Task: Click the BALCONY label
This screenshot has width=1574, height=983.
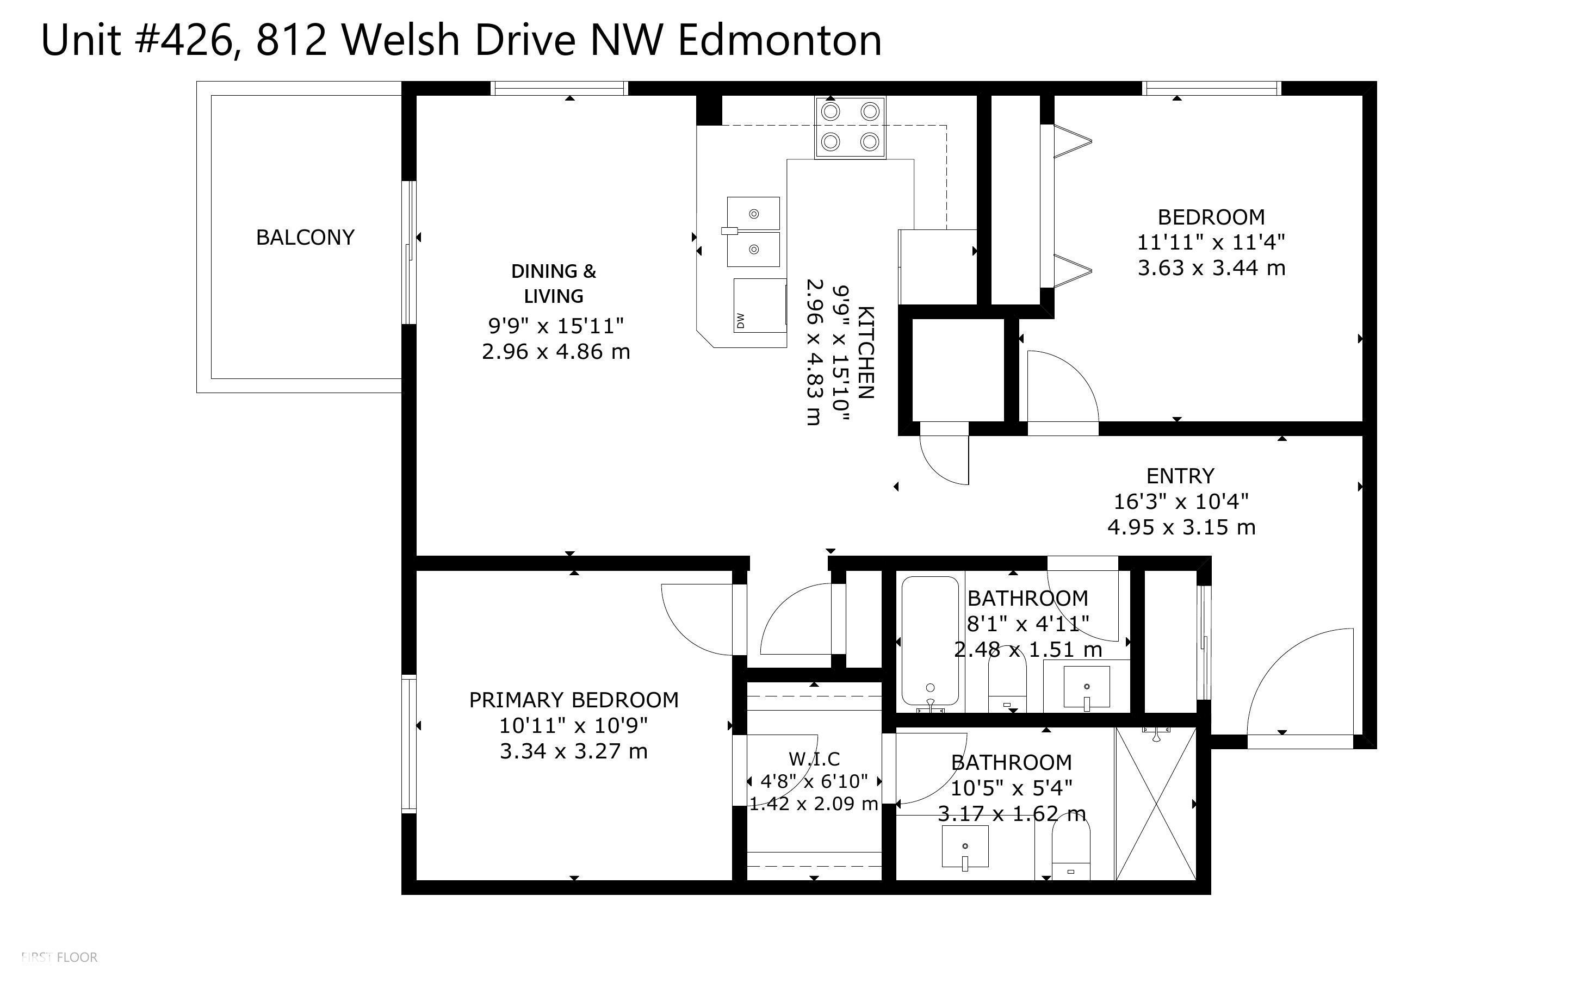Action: click(x=305, y=237)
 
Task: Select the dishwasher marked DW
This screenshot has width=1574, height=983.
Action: click(x=760, y=306)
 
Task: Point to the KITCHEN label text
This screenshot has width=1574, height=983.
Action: click(x=865, y=352)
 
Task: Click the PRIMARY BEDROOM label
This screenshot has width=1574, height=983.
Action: click(x=573, y=700)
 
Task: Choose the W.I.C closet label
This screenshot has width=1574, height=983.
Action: click(x=814, y=758)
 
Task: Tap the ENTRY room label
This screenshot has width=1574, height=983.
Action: click(x=1180, y=476)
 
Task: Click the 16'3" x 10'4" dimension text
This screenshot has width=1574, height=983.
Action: click(x=1181, y=501)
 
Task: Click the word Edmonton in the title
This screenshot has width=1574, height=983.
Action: click(x=779, y=40)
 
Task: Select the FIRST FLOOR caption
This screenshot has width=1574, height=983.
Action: click(x=59, y=957)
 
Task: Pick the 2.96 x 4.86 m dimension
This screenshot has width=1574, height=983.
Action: click(x=556, y=352)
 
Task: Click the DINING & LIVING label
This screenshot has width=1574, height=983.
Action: click(x=554, y=283)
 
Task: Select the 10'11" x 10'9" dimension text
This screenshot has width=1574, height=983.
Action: click(x=573, y=725)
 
